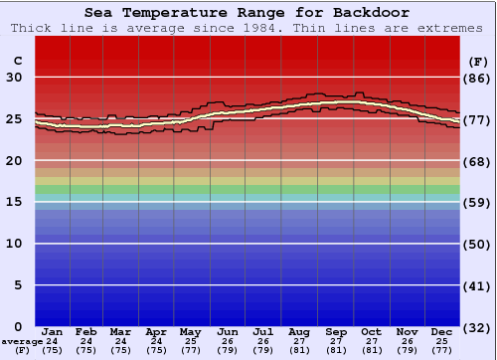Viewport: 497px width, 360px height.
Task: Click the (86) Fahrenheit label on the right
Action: click(478, 78)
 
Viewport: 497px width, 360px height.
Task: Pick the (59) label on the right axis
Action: click(478, 203)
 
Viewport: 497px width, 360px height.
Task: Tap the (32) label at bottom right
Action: click(478, 327)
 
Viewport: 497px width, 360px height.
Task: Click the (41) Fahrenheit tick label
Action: click(478, 286)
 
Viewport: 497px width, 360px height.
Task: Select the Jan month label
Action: click(53, 331)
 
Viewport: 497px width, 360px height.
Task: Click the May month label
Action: click(191, 331)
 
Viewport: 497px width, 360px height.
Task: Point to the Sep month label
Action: click(335, 331)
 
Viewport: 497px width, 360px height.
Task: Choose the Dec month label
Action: click(442, 331)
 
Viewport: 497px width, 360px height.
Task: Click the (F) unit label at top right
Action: click(478, 62)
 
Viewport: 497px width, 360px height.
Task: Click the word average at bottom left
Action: click(22, 341)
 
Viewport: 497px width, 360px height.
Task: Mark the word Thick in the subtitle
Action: click(32, 28)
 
